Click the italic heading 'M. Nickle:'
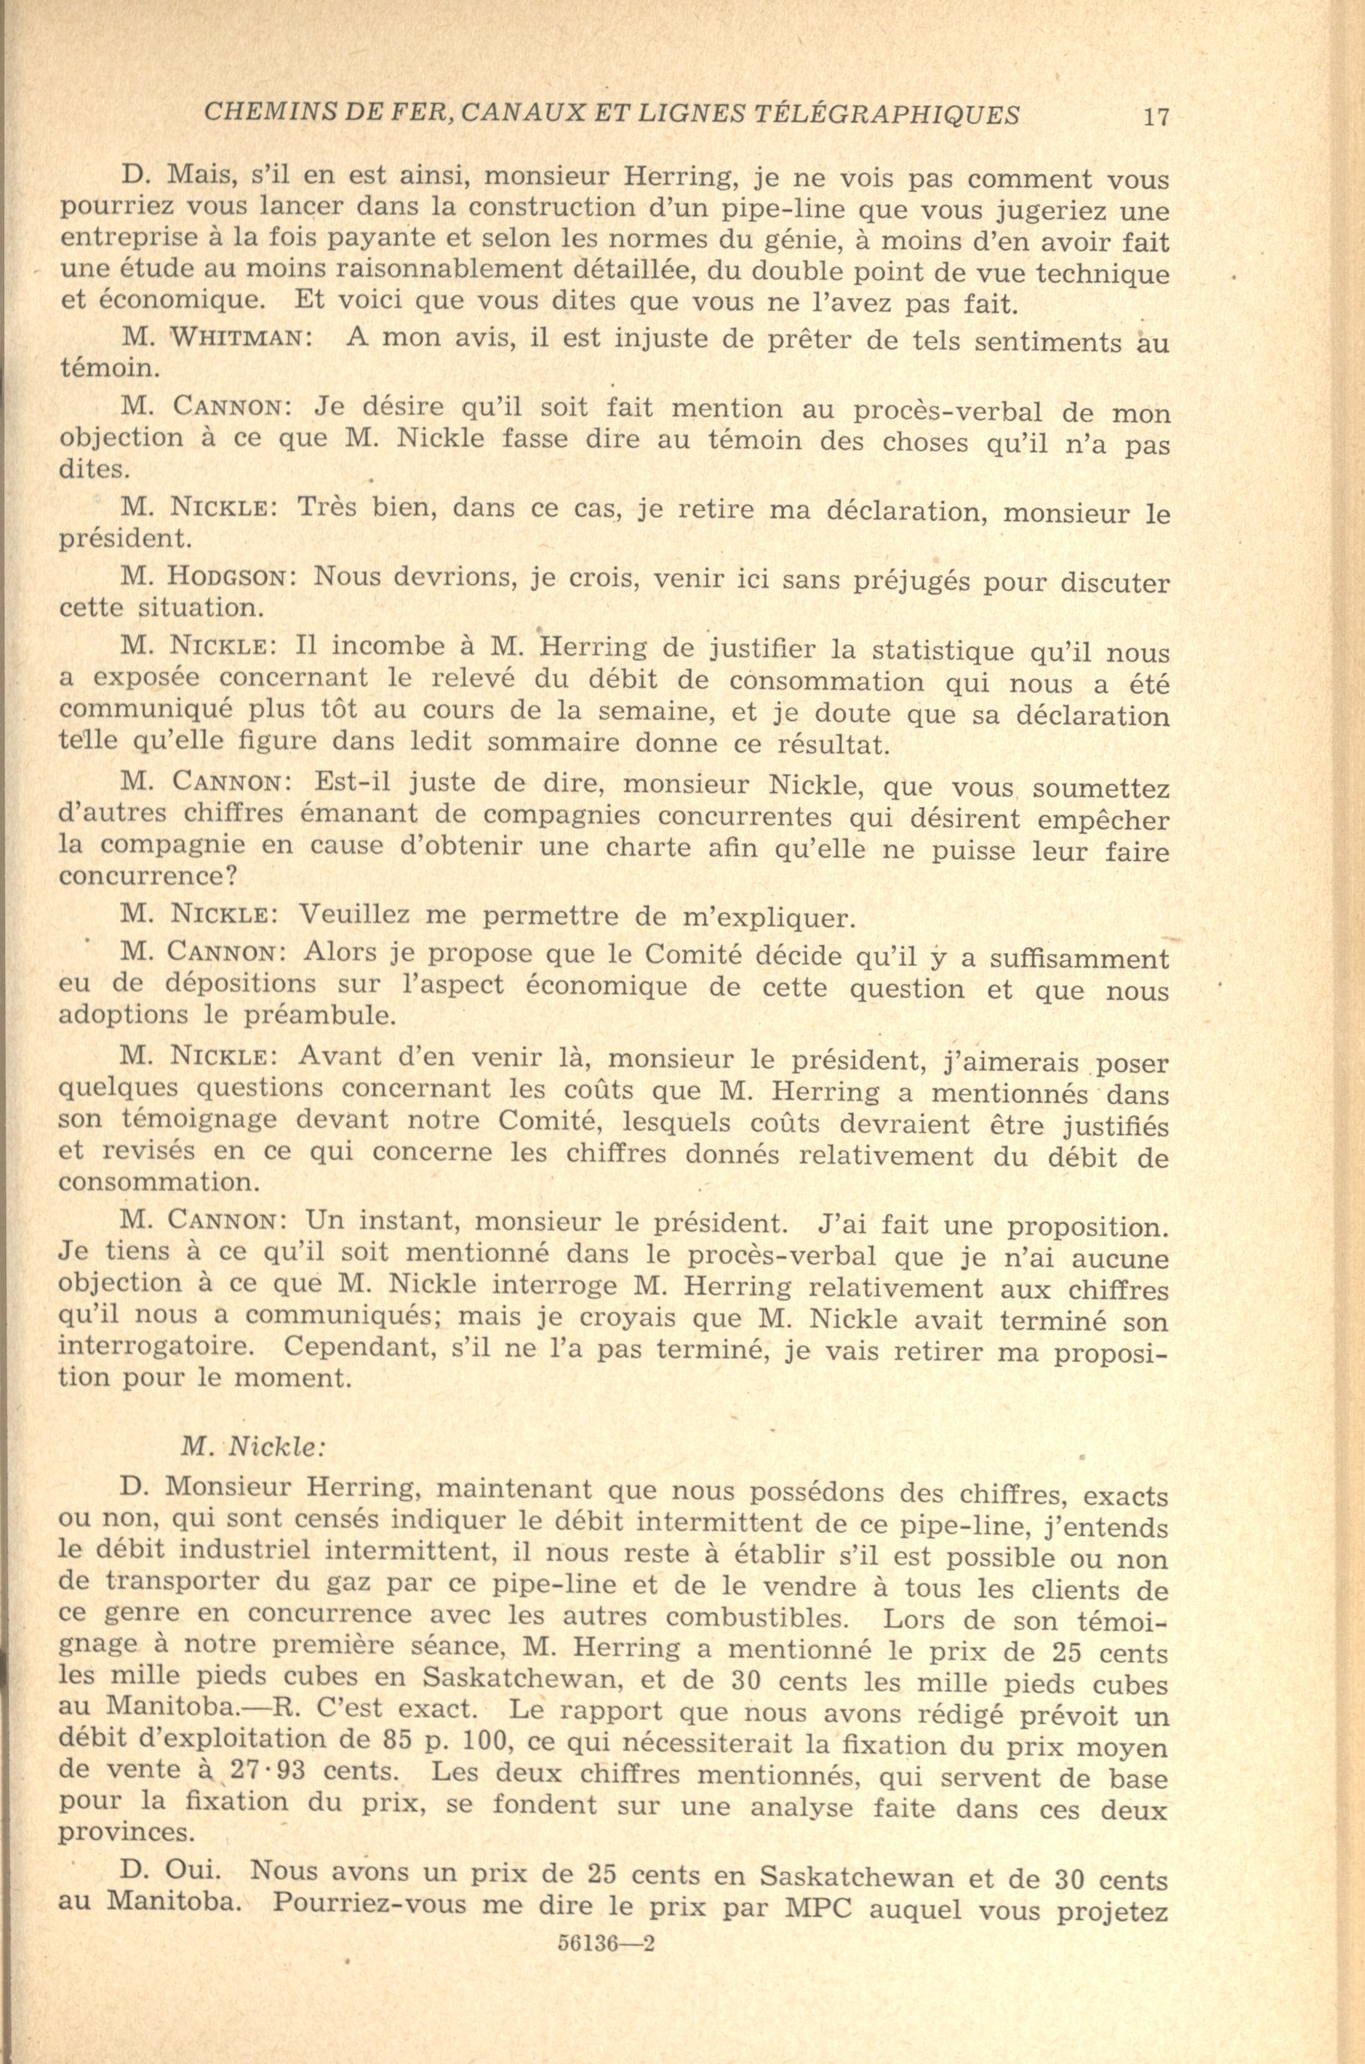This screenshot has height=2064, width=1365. tap(253, 1447)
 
